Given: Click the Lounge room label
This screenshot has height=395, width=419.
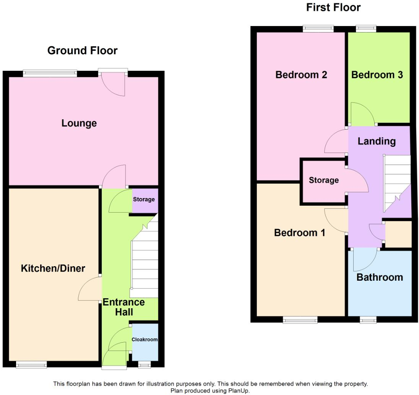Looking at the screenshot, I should coord(79,123).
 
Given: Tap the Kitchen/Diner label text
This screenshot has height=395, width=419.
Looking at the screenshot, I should coord(53,268).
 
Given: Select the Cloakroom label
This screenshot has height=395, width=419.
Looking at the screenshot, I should coord(145,339).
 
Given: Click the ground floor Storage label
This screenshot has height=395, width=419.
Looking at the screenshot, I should coord(144,199).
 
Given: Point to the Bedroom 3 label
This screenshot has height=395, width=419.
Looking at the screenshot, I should coord(377,75).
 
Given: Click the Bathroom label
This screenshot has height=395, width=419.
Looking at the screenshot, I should coord(380,277).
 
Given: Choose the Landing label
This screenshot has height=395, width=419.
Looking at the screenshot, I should coord(377,141).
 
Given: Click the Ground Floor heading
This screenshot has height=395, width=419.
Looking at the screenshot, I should coord(82,50).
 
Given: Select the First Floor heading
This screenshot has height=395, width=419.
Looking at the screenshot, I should coord(333,7).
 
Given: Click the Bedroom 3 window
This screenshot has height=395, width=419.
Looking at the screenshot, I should coord(366,29).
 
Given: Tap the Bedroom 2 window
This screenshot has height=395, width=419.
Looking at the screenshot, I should coord(318,29).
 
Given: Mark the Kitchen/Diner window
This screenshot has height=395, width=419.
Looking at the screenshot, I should coord(31,365).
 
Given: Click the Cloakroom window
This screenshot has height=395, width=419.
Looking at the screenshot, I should coord(144,365).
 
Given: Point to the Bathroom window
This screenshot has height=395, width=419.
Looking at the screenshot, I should coord(368,320).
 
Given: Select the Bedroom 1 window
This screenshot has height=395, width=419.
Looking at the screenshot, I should coord(300,320).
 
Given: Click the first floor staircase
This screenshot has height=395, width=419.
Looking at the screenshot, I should coord(396,180).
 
